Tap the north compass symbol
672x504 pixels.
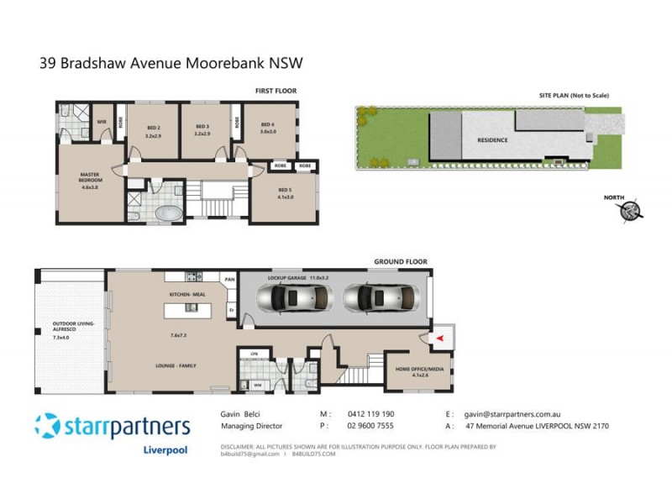click(x=631, y=213)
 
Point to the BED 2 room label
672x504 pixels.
click(x=153, y=129)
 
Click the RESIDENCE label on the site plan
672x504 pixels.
click(x=493, y=140)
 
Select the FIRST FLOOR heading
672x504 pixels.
click(x=276, y=91)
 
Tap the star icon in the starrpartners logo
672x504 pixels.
click(x=47, y=426)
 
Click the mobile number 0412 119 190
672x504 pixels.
click(x=371, y=414)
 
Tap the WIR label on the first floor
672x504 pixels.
click(x=102, y=121)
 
